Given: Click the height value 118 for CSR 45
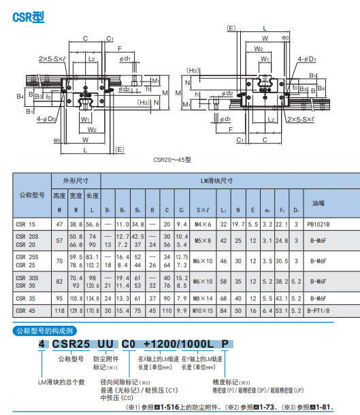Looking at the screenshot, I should click(59, 310).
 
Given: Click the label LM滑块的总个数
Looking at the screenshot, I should click(61, 382).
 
